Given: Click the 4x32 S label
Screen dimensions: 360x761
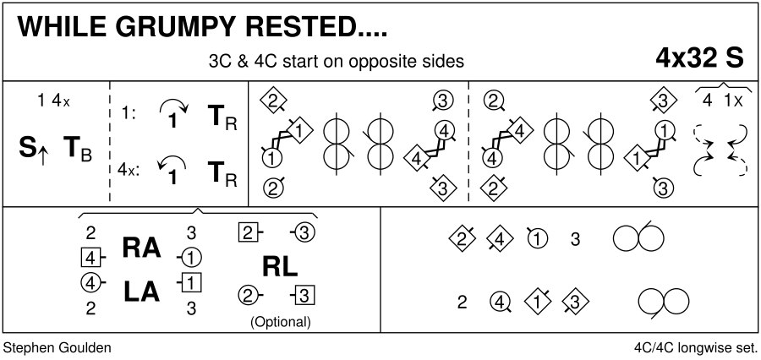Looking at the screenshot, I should (x=699, y=57).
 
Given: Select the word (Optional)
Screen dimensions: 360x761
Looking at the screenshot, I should (x=281, y=322).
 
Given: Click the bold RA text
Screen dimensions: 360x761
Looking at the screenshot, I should (x=140, y=247).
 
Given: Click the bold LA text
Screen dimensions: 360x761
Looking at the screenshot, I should (x=140, y=291).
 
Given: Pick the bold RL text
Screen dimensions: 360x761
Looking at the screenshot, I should (x=280, y=267).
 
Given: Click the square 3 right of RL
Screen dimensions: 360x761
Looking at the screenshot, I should (x=307, y=295).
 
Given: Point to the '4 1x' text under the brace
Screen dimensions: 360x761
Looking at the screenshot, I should (x=722, y=100).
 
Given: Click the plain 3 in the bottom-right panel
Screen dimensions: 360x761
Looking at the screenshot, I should (x=575, y=239).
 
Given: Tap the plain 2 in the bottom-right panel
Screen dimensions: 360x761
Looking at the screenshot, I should (x=462, y=302).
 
